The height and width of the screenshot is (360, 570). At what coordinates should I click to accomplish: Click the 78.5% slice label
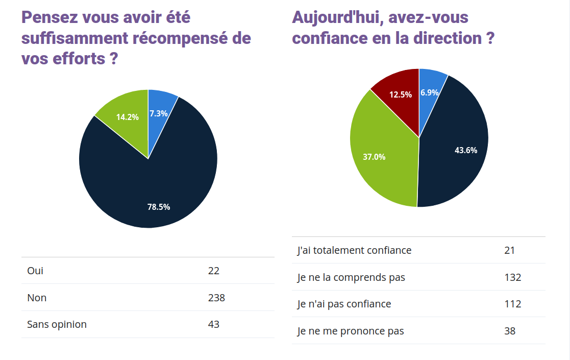tap(159, 207)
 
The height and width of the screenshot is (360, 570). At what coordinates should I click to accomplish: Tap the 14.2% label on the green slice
tap(127, 117)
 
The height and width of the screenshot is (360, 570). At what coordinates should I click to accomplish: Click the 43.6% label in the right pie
tap(465, 150)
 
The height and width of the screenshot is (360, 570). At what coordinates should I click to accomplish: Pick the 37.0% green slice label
tap(374, 157)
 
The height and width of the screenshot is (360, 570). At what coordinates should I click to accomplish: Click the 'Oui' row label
tap(35, 271)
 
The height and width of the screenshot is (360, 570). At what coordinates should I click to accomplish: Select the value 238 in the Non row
tap(216, 297)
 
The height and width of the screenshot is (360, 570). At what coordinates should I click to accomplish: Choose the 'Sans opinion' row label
tap(57, 324)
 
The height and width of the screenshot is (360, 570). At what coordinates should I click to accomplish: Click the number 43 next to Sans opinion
tap(214, 324)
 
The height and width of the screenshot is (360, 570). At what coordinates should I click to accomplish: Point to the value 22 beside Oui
tap(214, 271)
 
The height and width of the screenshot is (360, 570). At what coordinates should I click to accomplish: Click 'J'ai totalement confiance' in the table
tap(354, 250)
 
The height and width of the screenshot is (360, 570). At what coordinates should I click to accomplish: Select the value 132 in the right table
tap(512, 277)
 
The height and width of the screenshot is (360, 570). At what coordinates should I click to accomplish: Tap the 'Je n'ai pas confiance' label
tap(344, 304)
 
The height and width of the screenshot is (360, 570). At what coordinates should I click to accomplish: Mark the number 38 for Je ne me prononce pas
tap(510, 331)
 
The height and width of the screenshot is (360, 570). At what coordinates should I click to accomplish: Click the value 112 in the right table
tap(512, 304)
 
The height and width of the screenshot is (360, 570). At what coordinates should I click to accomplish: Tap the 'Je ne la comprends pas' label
tap(351, 277)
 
